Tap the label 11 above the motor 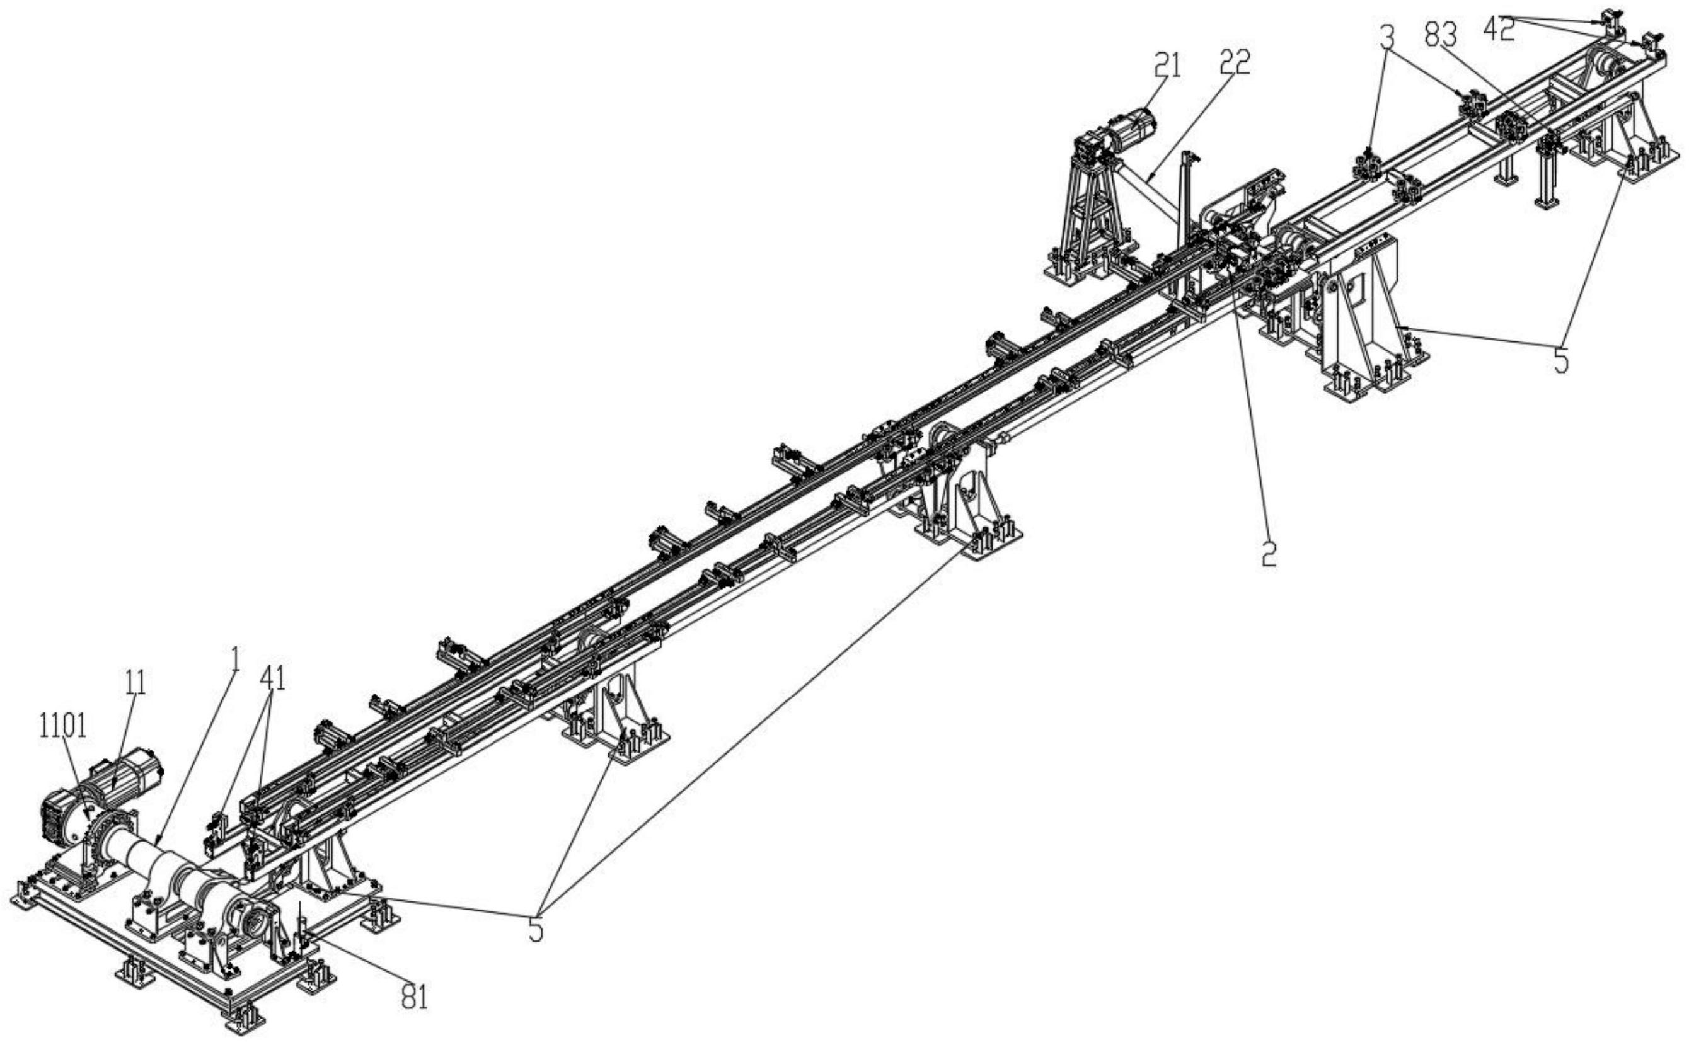(x=136, y=682)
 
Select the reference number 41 (x=272, y=677)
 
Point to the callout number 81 (x=415, y=997)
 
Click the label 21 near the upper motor (x=1168, y=66)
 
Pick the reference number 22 (x=1235, y=63)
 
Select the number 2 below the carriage (x=1269, y=554)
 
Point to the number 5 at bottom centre (x=536, y=930)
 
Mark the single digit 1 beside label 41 (x=235, y=661)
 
